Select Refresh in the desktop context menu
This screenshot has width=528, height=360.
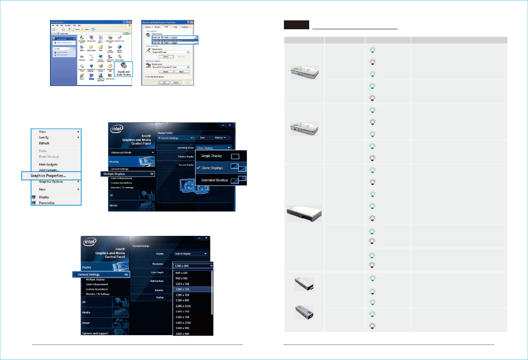click(44, 143)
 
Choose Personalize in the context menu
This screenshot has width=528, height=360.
click(47, 203)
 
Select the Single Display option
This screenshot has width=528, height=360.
click(212, 156)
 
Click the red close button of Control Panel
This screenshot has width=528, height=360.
click(131, 22)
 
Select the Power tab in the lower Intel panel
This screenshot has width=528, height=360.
click(87, 323)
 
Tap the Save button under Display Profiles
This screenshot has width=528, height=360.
click(202, 138)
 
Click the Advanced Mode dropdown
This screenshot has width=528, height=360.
click(132, 152)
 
